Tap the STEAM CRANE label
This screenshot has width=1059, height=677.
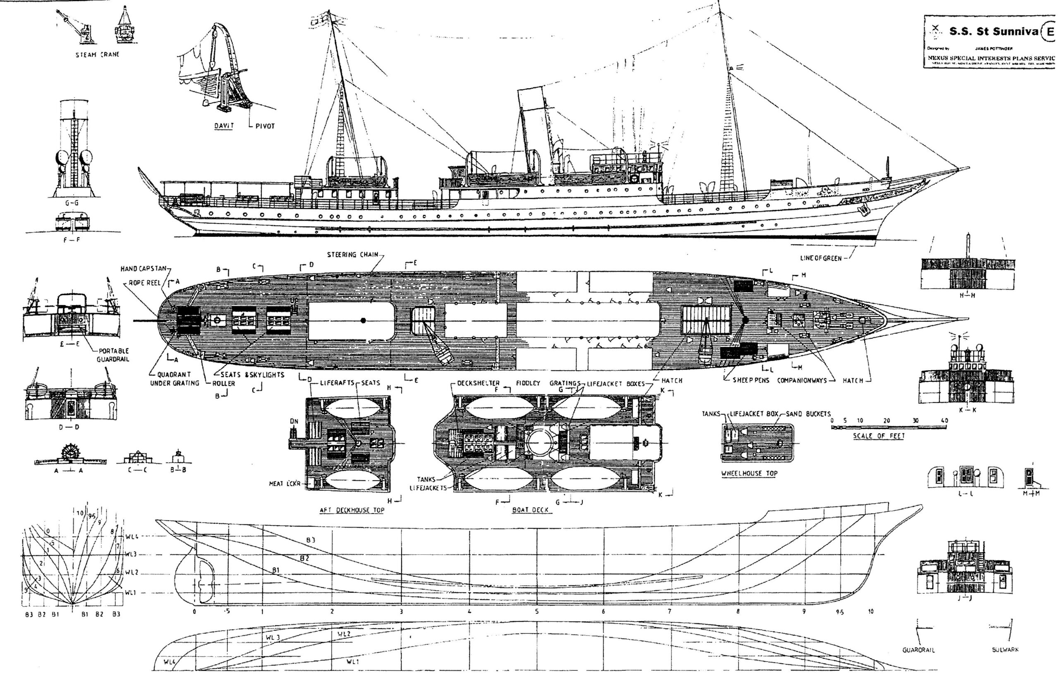(x=97, y=55)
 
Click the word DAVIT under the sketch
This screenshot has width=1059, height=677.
(x=224, y=126)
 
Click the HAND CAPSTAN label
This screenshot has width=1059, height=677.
(x=145, y=269)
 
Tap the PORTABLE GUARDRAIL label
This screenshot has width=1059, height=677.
(x=113, y=355)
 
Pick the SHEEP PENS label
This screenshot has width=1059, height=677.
(x=751, y=380)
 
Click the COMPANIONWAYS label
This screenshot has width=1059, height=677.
(x=802, y=380)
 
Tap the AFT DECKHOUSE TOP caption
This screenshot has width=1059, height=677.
(x=352, y=510)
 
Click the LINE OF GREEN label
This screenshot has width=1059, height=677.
(x=821, y=258)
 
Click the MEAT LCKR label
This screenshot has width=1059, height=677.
(x=285, y=484)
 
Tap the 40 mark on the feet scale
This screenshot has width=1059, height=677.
(x=944, y=420)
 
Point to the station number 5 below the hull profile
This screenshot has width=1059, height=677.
(x=537, y=612)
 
